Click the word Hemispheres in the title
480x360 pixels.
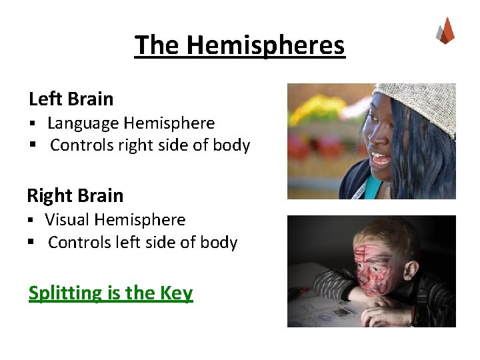click(x=265, y=45)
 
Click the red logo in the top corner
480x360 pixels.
click(x=445, y=31)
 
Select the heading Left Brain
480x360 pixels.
click(x=71, y=99)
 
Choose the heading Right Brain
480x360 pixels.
click(x=75, y=195)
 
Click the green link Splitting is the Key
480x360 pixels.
click(x=111, y=293)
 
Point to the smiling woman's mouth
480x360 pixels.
click(x=381, y=159)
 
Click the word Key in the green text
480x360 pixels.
click(x=177, y=293)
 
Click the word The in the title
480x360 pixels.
click(x=157, y=45)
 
